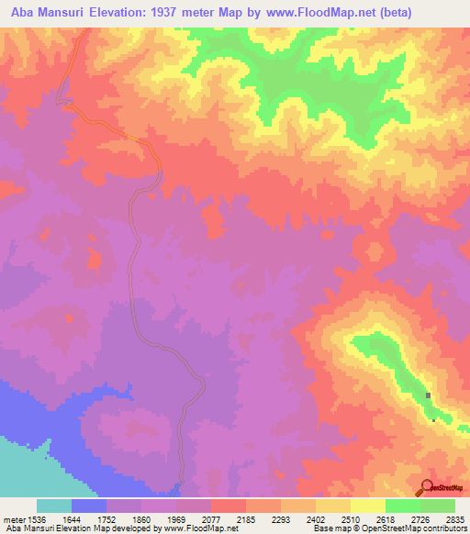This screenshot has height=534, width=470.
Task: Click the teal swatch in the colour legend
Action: tap(54, 506)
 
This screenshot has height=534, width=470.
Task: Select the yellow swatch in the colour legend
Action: tap(368, 506)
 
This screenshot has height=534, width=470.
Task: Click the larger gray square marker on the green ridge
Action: tap(429, 395)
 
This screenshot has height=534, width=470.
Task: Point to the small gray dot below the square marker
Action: tap(433, 420)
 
